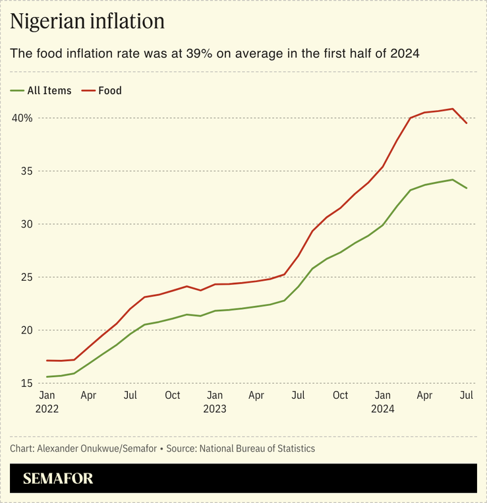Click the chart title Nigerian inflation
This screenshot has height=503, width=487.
click(87, 22)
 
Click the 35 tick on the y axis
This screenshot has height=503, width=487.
click(27, 171)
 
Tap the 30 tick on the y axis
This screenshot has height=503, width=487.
click(27, 224)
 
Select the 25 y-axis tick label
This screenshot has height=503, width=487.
click(27, 278)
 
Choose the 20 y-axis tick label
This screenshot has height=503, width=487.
click(27, 330)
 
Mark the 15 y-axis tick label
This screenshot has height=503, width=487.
click(27, 384)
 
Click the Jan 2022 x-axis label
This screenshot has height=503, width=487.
click(47, 401)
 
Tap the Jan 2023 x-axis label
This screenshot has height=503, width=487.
click(214, 401)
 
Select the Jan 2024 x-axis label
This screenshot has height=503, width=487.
click(382, 401)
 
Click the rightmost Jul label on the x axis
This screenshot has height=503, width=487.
click(467, 396)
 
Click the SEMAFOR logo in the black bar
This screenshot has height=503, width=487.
click(58, 479)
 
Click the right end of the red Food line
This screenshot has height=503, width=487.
click(467, 123)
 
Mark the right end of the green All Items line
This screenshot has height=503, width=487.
click(467, 188)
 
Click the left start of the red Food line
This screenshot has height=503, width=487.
click(47, 361)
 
